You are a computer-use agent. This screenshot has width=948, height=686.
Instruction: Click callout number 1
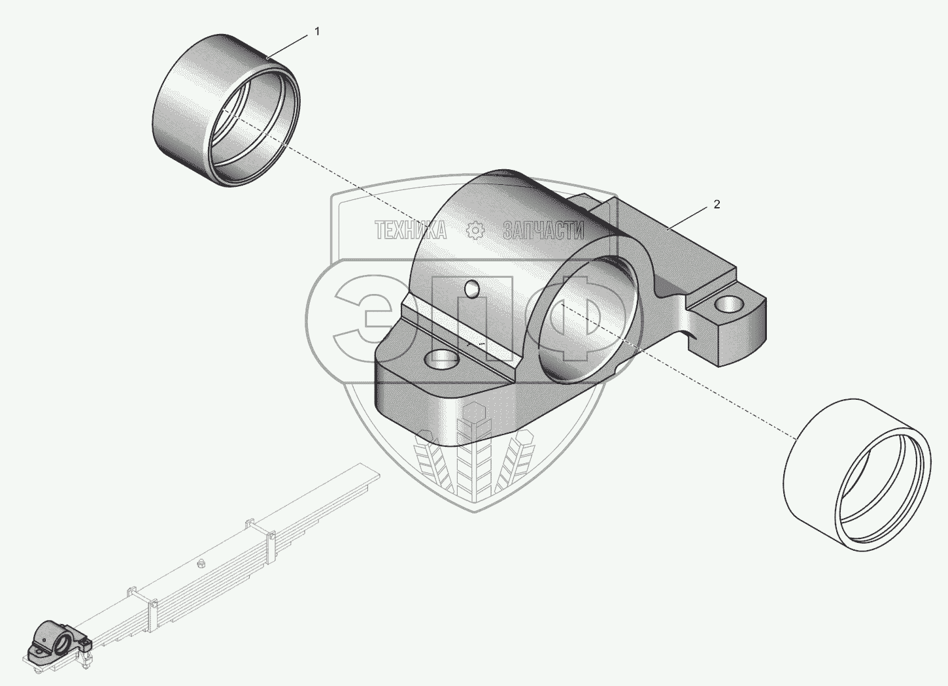click(317, 31)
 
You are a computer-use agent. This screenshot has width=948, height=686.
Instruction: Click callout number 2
click(717, 204)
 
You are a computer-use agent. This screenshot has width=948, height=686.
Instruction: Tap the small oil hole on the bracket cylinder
click(471, 287)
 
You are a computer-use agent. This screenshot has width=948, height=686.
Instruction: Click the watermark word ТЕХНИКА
click(411, 230)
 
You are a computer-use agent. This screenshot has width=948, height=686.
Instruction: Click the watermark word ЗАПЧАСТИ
click(543, 230)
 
